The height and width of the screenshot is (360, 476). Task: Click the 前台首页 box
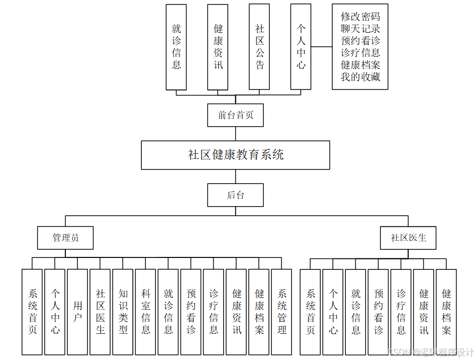point(235,115)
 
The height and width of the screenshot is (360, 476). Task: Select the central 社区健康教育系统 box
point(235,155)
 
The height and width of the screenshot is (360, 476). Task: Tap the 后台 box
point(235,195)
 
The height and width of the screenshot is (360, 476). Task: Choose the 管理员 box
point(65,238)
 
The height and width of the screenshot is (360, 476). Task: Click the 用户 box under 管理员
point(77,312)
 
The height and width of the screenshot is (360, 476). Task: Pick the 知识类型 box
point(123,312)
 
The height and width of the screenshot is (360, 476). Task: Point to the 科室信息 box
point(145,312)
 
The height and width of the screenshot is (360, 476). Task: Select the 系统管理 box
point(281,312)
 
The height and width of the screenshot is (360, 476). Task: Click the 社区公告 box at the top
point(259,47)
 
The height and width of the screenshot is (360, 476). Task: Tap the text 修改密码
point(360,17)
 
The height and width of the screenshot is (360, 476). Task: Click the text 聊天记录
point(360,29)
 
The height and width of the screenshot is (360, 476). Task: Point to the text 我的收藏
point(360,77)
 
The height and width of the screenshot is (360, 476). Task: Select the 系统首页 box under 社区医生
point(310,312)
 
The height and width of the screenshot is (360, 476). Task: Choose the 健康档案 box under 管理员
point(259,312)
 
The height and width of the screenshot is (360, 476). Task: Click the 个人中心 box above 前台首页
point(301,47)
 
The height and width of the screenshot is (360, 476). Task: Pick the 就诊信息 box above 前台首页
point(176,47)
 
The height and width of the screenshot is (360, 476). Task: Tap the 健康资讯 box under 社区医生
point(424,312)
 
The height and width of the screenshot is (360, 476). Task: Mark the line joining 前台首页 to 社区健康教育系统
point(236,134)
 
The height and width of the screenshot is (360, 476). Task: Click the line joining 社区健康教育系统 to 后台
point(236,176)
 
